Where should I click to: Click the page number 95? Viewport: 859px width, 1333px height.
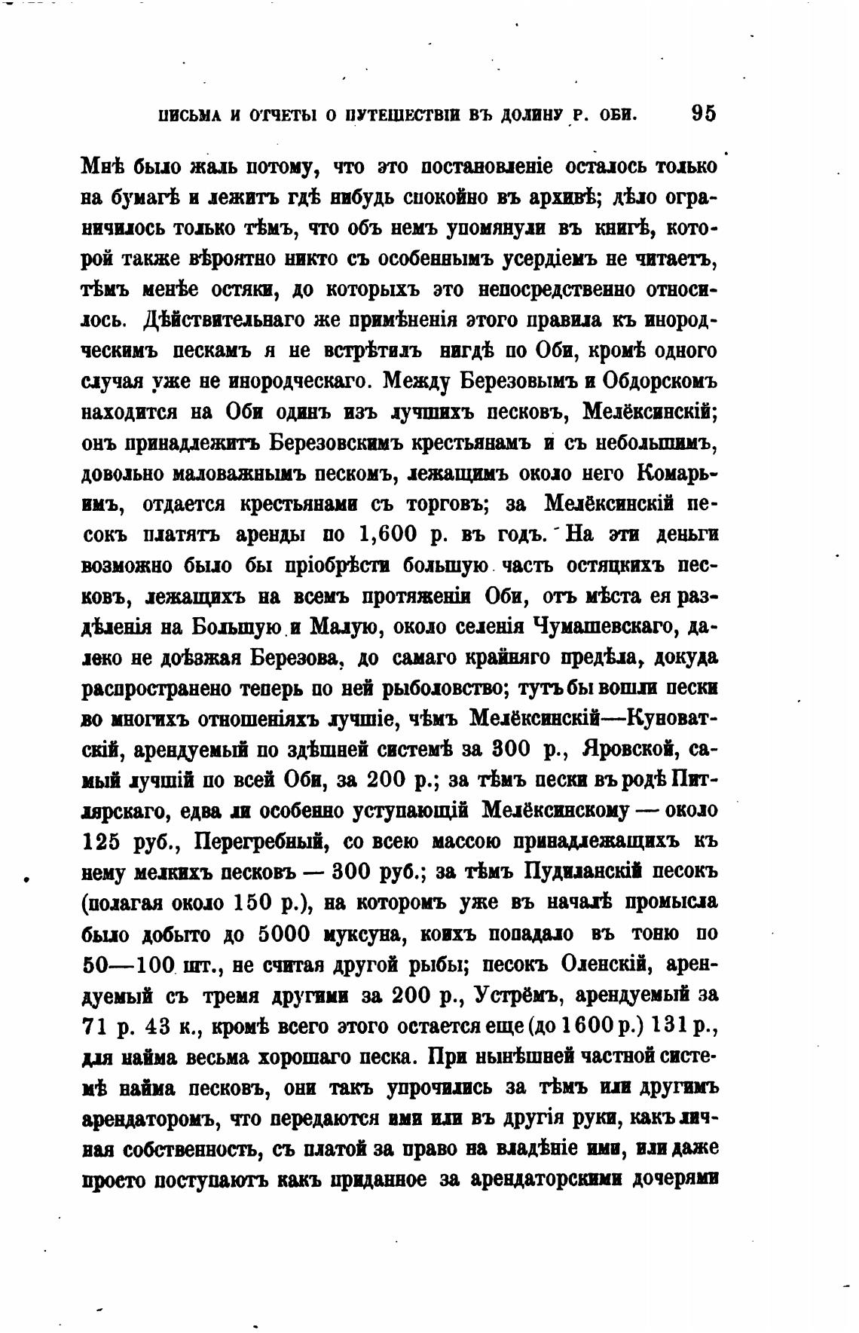[x=703, y=113]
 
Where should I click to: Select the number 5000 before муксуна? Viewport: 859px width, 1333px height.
[x=284, y=934]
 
